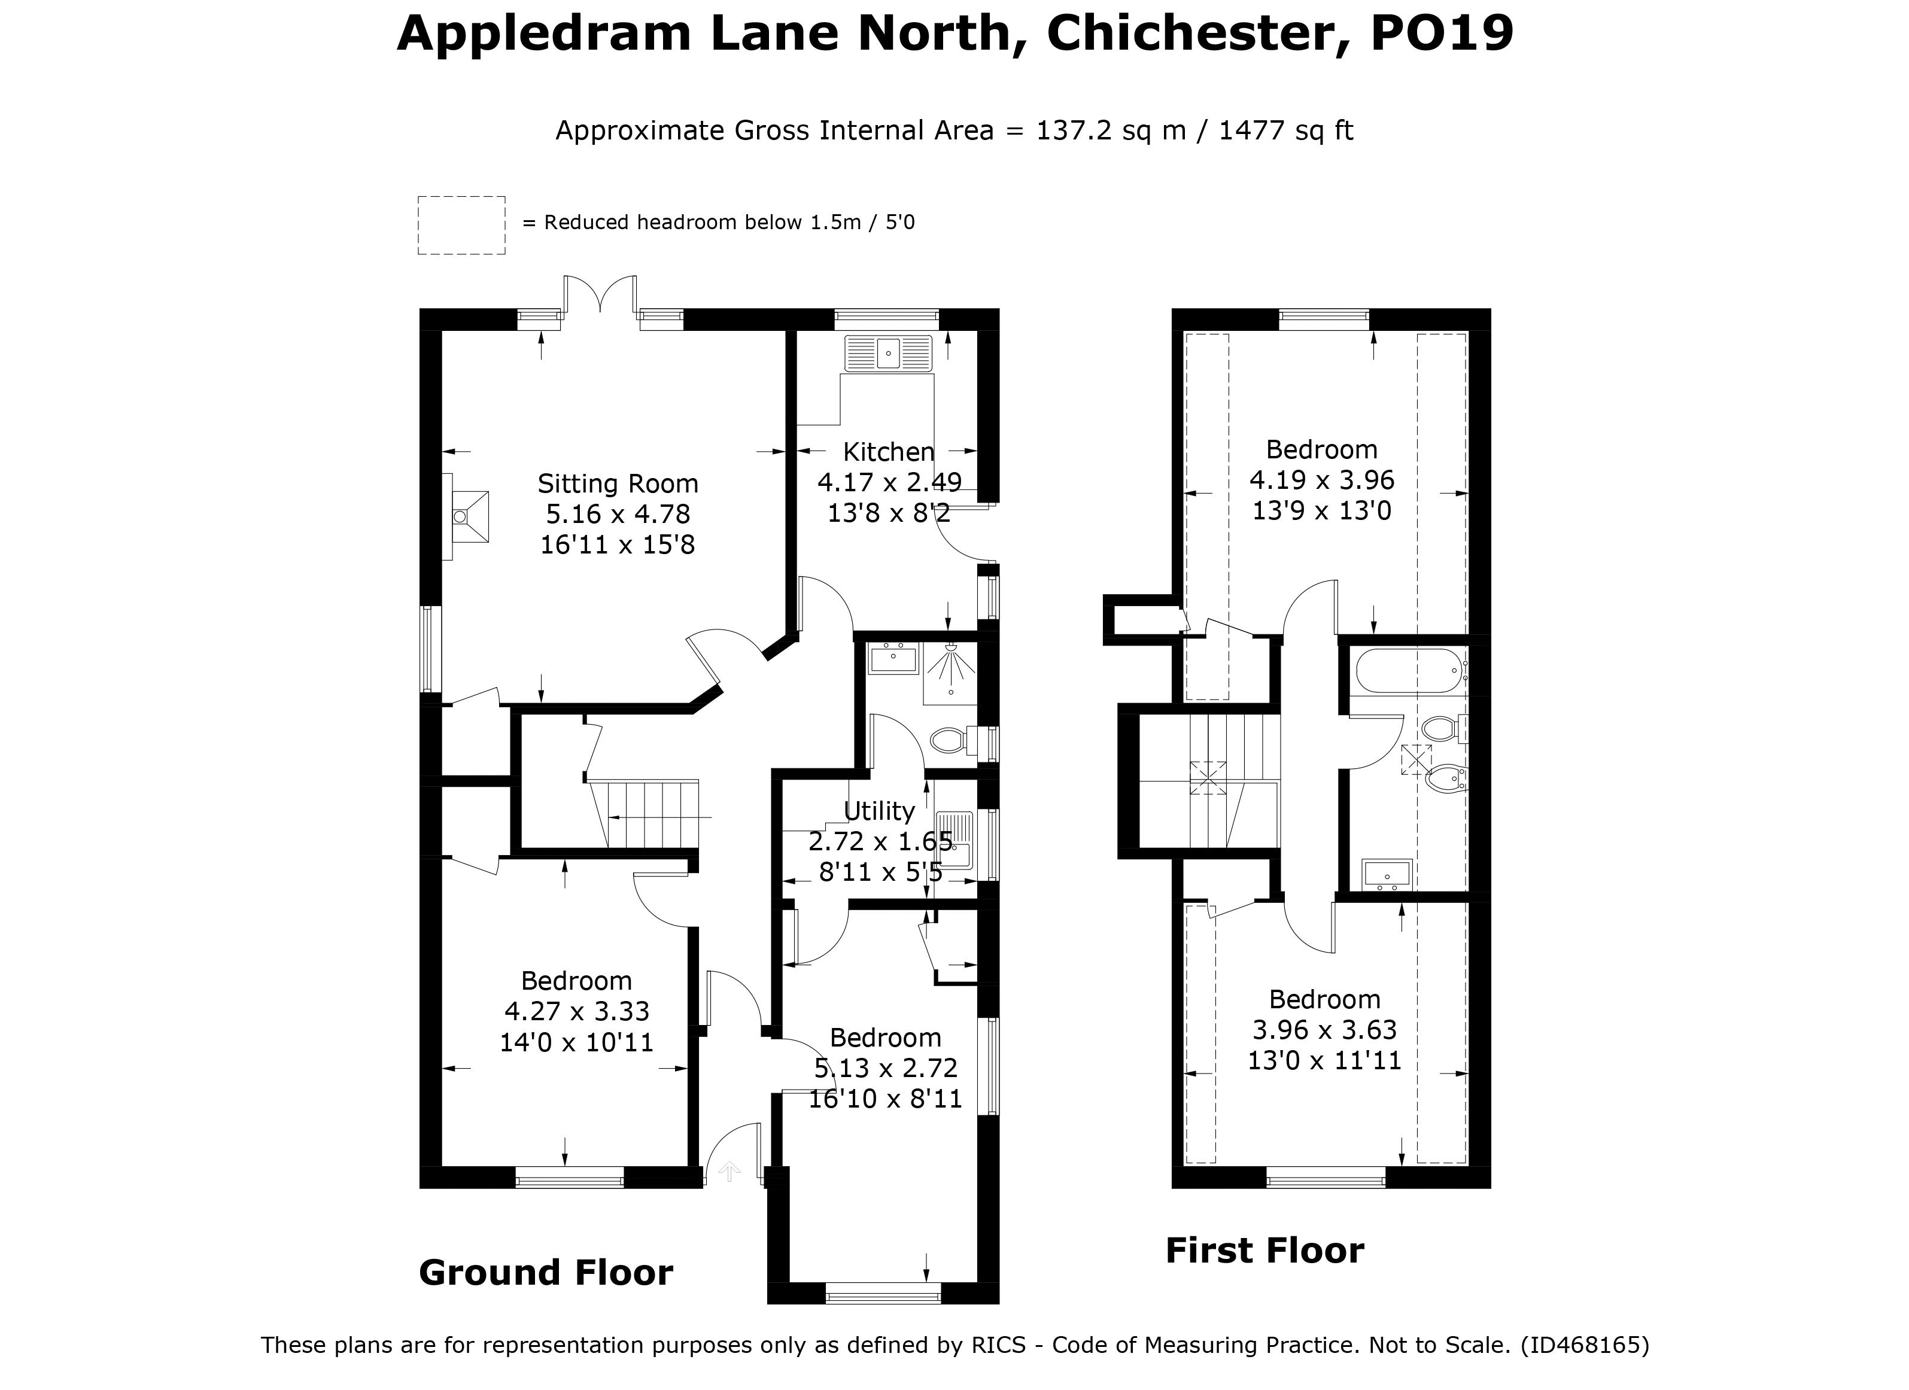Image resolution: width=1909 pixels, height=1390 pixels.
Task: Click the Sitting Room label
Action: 618,484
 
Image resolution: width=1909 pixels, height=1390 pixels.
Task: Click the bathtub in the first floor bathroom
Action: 1409,671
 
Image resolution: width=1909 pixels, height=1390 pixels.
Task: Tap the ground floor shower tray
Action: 950,673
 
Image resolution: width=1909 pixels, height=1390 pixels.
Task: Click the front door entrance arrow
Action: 729,1171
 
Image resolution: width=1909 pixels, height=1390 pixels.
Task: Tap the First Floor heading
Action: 1264,1251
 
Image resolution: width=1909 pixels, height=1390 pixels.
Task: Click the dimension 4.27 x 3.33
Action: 576,1011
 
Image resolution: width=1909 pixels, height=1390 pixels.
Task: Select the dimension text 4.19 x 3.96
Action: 1321,480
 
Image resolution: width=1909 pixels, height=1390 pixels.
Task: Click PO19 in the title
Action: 1442,34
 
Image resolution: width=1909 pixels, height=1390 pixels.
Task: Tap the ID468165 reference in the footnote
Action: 1585,1345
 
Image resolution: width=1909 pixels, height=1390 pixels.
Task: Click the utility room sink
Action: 954,839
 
